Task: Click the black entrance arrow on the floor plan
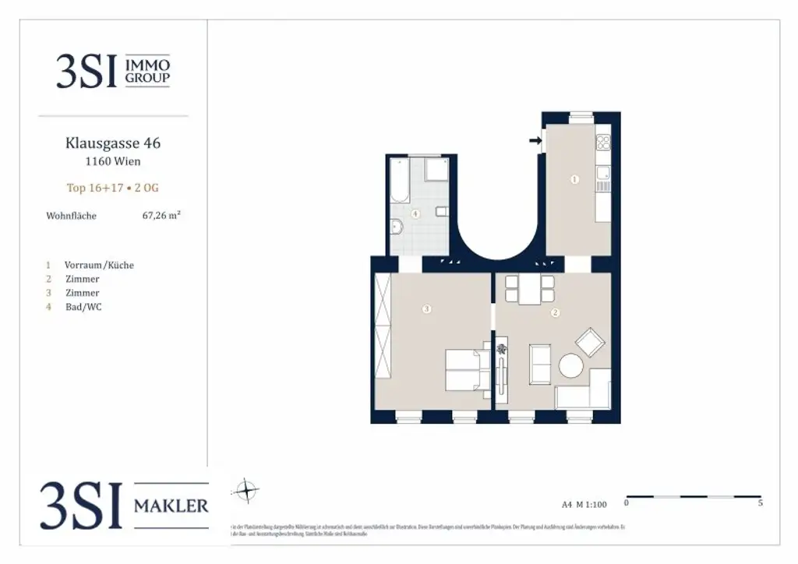tap(535, 141)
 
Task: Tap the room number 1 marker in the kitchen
tap(574, 179)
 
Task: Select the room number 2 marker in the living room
tap(556, 314)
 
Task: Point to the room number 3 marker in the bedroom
tap(425, 309)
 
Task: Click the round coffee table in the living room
tap(571, 366)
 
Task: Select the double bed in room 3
tap(468, 370)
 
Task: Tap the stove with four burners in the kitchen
tap(603, 143)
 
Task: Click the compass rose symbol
tap(246, 490)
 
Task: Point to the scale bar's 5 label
tap(760, 504)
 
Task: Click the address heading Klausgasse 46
tap(113, 143)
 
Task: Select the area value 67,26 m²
tap(161, 216)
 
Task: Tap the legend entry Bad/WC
tap(84, 307)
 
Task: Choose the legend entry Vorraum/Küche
tap(100, 265)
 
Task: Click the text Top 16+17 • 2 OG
tap(113, 188)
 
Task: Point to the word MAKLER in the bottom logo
tap(171, 506)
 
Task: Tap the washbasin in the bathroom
tap(396, 227)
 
